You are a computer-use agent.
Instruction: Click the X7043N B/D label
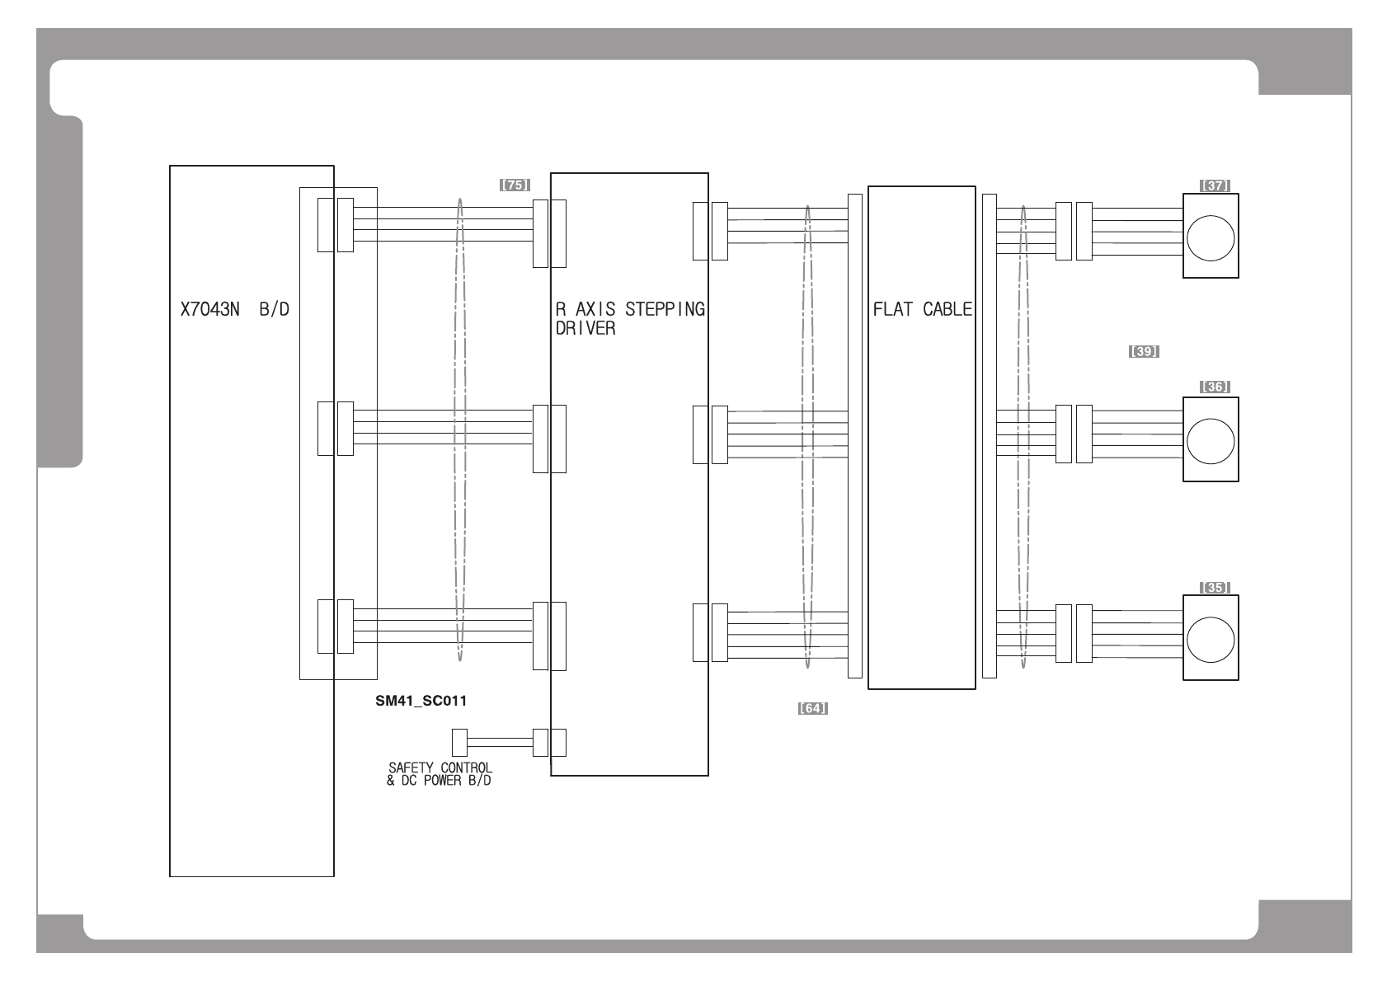click(x=235, y=309)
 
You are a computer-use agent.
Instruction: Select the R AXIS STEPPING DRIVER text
click(x=630, y=319)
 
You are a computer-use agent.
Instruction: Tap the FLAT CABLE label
click(x=922, y=309)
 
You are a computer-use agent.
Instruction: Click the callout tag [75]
click(x=515, y=185)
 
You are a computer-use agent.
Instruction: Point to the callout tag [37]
click(x=1215, y=185)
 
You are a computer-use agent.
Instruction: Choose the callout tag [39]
click(x=1144, y=351)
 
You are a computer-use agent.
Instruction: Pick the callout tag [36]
click(x=1215, y=387)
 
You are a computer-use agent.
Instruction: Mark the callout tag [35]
click(x=1215, y=587)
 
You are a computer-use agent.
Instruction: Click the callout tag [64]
click(x=812, y=708)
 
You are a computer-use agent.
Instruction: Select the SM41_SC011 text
click(x=421, y=701)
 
